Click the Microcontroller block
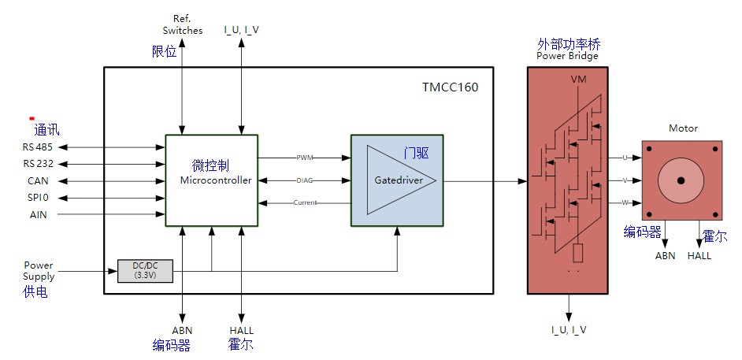click(211, 180)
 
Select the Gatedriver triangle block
click(399, 180)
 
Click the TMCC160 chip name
click(450, 87)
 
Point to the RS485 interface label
click(37, 147)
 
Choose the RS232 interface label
click(37, 164)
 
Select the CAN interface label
click(37, 181)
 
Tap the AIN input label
click(37, 214)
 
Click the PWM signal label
click(305, 158)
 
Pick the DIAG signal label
click(305, 180)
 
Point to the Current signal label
click(305, 202)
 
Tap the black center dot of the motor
click(680, 180)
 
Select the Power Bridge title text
click(567, 57)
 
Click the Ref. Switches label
click(182, 24)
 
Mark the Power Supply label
click(39, 271)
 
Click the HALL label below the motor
click(699, 255)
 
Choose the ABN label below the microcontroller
click(182, 330)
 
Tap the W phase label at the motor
click(625, 202)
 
